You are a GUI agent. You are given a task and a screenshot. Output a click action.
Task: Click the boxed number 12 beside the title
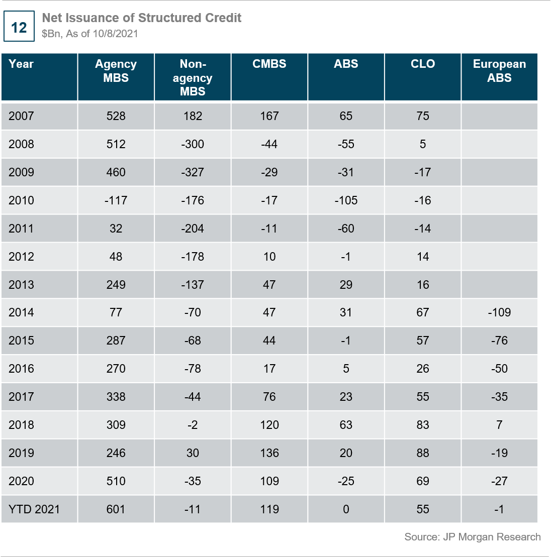pos(19,27)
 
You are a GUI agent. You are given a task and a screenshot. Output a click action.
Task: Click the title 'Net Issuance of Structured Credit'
pos(141,18)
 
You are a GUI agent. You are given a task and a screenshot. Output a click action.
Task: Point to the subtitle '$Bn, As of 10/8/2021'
pos(90,34)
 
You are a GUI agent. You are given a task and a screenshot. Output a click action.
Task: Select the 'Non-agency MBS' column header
pos(193,78)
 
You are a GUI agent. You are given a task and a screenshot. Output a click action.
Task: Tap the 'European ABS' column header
pos(499,71)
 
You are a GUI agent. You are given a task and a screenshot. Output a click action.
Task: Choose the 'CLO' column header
pos(423,64)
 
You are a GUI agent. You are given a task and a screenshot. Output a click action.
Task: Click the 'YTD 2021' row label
pos(34,509)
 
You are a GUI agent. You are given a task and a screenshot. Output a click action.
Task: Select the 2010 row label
pos(22,200)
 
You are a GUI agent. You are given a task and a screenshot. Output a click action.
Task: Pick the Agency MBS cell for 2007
pos(116,116)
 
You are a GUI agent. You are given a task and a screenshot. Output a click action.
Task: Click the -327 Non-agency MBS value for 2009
pos(193,172)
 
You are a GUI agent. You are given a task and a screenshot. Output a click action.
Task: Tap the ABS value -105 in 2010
pos(346,200)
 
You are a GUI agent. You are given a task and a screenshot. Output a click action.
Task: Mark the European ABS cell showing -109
pos(499,312)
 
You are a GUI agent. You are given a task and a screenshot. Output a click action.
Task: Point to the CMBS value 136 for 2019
pos(269,453)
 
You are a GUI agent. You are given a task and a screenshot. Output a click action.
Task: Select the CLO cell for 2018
pos(423,425)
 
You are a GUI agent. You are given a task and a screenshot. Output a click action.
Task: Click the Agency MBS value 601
pos(116,509)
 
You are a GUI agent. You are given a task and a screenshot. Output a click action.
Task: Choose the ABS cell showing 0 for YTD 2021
pos(346,509)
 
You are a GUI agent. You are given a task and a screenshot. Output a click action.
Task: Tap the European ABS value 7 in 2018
pos(499,425)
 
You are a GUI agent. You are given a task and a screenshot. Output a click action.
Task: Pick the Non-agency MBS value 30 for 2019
pos(193,453)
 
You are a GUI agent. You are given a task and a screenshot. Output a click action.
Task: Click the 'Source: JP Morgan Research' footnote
pos(473,537)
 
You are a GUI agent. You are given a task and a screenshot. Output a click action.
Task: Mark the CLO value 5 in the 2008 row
pos(423,144)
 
